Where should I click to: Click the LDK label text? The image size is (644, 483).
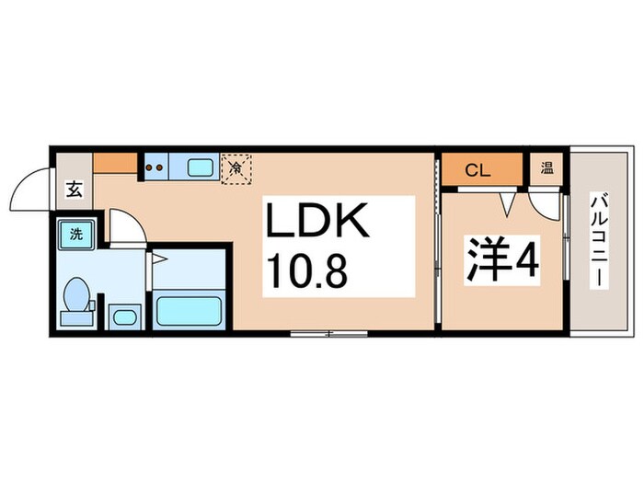click(317, 222)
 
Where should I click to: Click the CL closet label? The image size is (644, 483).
click(477, 169)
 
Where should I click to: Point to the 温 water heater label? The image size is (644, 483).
click(546, 168)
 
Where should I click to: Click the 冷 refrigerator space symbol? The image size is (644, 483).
click(236, 168)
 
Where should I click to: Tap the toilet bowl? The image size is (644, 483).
click(75, 299)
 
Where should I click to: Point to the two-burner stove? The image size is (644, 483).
click(155, 168)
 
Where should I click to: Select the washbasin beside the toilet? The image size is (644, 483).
click(123, 316)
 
